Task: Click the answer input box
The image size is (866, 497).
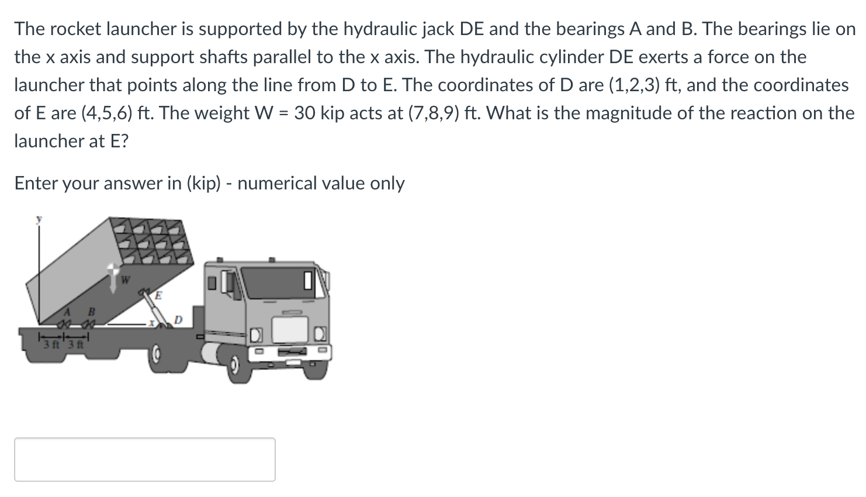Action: click(x=144, y=459)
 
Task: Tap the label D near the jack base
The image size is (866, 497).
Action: click(x=179, y=320)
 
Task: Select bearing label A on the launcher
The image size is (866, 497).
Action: click(x=68, y=310)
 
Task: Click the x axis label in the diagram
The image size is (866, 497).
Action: click(x=151, y=322)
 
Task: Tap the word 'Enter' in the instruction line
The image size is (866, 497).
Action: click(x=36, y=183)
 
